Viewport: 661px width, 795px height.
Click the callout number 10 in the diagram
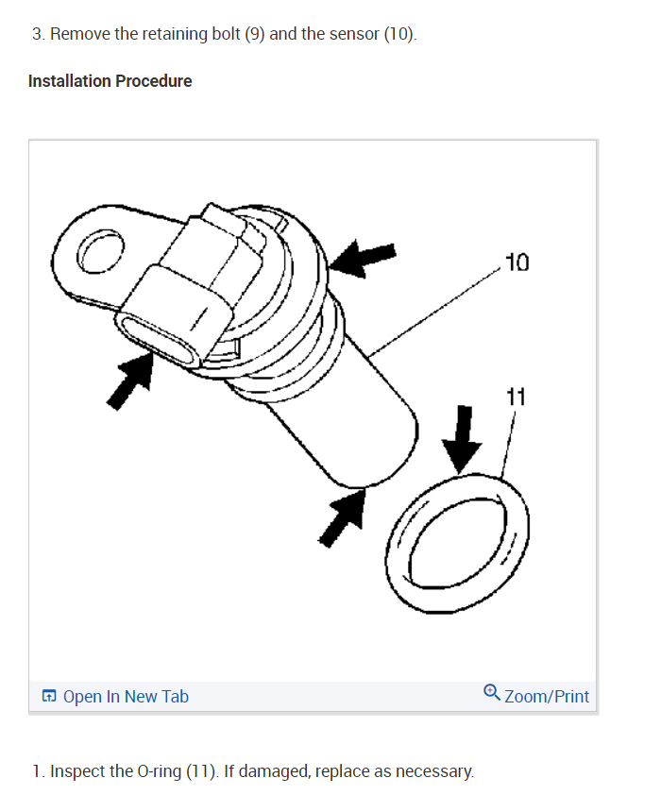517,262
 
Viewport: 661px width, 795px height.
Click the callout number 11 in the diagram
515,397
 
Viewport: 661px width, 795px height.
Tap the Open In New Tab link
126,697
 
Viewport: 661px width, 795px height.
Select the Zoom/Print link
547,697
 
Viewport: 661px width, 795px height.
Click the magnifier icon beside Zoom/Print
492,694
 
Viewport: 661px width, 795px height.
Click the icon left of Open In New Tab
49,697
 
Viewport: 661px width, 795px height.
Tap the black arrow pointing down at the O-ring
462,438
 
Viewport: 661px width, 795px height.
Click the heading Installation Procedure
110,81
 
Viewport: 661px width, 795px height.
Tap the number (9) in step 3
255,34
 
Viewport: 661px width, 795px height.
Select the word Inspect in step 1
77,771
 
